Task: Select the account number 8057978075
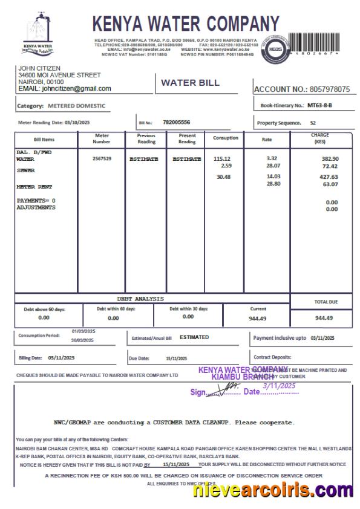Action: point(329,89)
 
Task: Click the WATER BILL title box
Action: point(190,83)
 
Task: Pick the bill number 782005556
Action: point(176,122)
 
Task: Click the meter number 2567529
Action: point(102,158)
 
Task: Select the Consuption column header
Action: point(226,138)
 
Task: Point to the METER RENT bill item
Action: point(30,187)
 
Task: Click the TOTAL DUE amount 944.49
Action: point(320,317)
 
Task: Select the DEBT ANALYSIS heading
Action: point(140,299)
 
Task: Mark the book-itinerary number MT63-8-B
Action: point(320,105)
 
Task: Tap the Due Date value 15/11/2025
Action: point(177,358)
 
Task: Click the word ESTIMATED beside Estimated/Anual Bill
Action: point(194,337)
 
